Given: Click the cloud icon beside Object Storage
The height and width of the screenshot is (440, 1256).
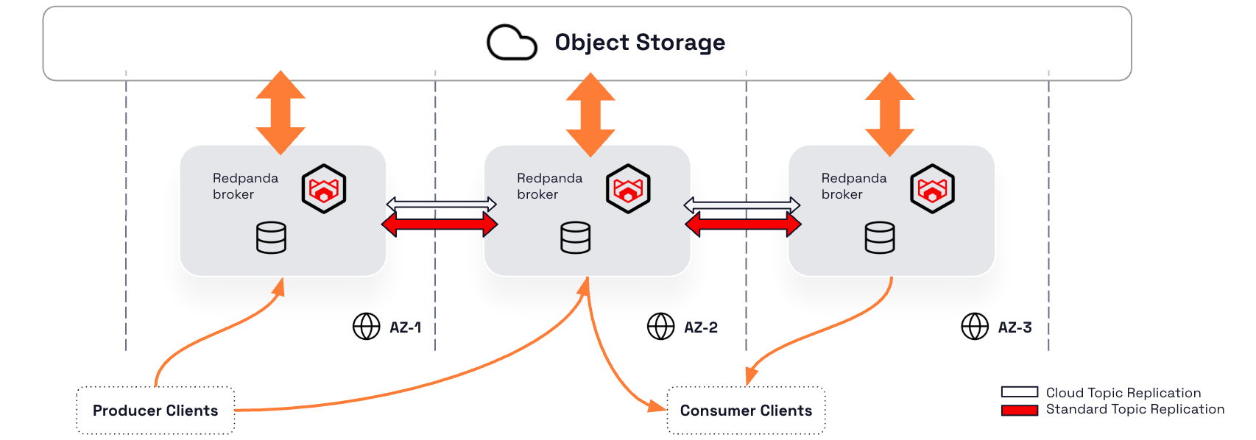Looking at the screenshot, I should pos(512,43).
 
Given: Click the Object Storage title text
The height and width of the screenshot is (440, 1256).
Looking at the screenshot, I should pos(640,43).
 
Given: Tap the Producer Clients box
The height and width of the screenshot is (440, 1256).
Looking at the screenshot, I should pos(155,411).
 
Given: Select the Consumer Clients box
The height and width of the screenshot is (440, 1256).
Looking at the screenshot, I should pos(746,411).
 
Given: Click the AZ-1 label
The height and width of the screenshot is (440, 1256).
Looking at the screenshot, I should pos(405,327).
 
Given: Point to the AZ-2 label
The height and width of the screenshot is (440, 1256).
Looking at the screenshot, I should pos(700,327).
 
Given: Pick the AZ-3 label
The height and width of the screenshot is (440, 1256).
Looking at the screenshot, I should pos(1015,327).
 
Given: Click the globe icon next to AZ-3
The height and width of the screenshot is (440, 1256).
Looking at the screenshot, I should pos(975,326).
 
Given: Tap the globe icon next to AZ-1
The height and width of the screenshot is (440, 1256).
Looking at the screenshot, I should pos(366,326).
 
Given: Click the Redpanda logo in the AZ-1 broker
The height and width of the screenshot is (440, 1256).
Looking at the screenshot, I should pos(324,189).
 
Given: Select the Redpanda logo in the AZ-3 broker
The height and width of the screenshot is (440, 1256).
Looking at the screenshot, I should pos(932,189).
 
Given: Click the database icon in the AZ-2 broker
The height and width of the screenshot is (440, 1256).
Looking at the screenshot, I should pos(575,238).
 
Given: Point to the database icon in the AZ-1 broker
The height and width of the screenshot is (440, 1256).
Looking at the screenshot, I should pos(271,238).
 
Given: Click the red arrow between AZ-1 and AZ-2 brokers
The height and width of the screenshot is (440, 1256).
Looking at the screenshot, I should pos(440,224).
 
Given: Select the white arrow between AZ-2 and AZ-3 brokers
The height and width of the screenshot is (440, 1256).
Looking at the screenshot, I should pos(742,204).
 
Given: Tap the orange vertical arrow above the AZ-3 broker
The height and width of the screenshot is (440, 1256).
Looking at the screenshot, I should pos(889,114).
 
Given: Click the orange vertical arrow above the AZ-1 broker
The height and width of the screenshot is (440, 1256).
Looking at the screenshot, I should pos(281,113).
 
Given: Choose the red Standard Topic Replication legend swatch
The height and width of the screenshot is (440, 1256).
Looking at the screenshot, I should pos(1019,410).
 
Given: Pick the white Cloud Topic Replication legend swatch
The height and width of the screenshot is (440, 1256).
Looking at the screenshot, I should pos(1019,392).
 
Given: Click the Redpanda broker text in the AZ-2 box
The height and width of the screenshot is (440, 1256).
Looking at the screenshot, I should pos(549,186).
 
